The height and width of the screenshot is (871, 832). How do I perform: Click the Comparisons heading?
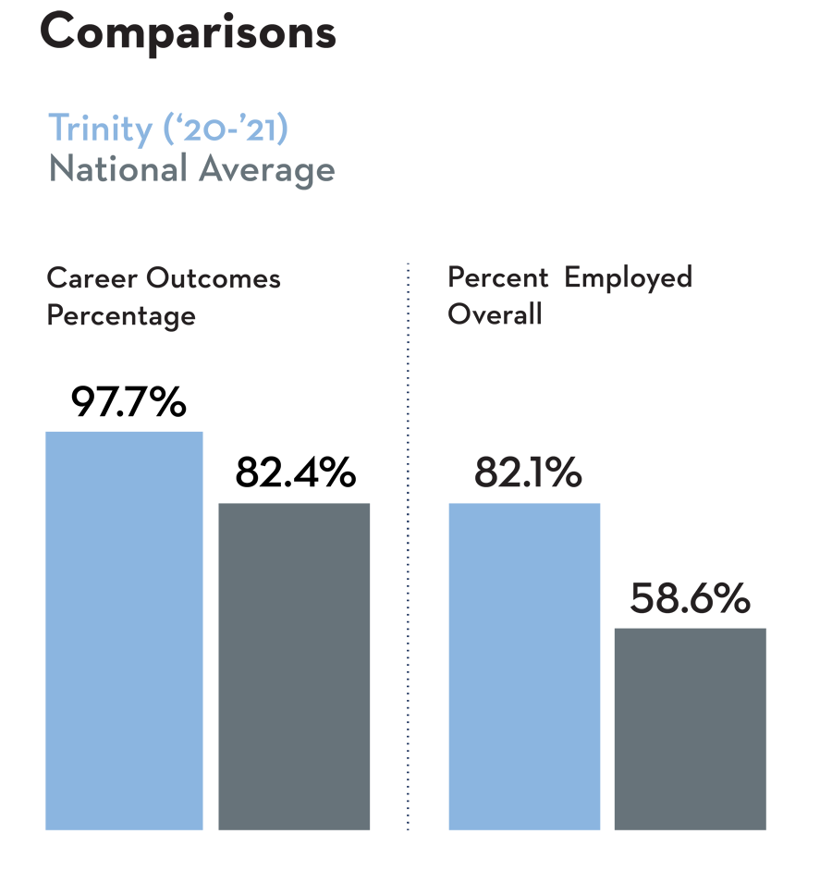189,32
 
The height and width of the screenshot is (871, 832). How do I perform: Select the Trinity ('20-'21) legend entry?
168,129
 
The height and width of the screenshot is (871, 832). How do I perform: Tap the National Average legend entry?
192,170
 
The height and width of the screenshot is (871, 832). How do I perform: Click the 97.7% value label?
128,401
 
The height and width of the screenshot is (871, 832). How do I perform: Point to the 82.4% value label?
296,472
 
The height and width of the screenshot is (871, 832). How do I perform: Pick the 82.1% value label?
528,472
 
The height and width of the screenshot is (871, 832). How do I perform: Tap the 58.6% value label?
691,598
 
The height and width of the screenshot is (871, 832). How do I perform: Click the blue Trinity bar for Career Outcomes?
124,631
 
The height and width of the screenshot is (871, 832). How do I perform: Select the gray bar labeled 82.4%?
294,667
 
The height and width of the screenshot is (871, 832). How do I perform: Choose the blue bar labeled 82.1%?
524,667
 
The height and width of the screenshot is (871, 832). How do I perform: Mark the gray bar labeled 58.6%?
691,729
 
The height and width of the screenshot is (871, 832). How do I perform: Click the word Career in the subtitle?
92,277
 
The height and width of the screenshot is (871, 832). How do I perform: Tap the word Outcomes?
214,277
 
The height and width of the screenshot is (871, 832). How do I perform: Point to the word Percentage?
121,316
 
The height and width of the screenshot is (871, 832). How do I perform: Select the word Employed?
629,277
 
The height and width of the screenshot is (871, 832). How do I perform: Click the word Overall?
495,313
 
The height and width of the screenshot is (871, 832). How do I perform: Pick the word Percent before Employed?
498,277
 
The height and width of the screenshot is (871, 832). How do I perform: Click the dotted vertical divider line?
409,546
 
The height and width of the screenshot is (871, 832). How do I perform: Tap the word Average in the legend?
267,170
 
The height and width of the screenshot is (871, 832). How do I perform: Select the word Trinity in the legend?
101,129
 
